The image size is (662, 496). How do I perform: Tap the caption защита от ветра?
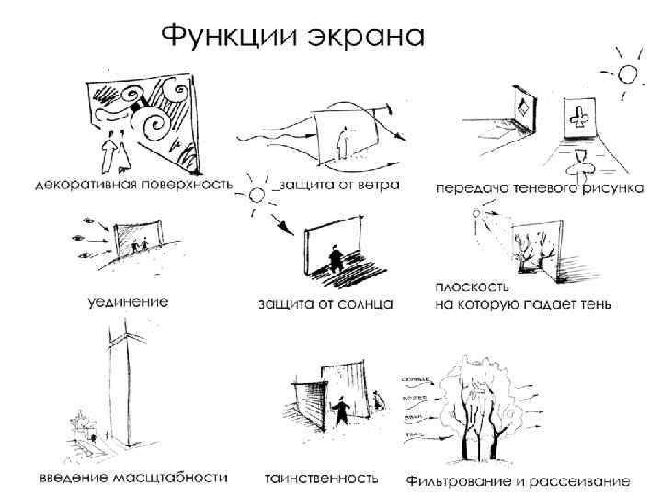click(x=339, y=185)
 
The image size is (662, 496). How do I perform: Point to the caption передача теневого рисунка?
click(x=539, y=187)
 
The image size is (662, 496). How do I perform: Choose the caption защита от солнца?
click(x=326, y=302)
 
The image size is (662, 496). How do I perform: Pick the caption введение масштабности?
click(x=134, y=478)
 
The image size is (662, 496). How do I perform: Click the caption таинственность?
click(x=321, y=478)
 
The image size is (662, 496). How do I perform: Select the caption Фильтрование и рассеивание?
click(x=518, y=479)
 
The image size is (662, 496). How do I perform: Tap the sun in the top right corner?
click(x=628, y=73)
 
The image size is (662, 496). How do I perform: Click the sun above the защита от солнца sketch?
click(x=256, y=194)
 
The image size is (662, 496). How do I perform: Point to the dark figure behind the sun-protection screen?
click(x=335, y=256)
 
